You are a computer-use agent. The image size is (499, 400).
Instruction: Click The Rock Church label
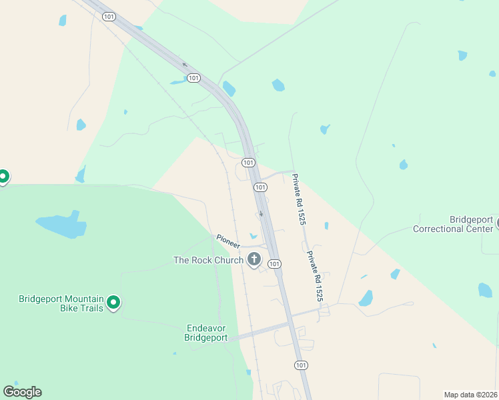(x=208, y=260)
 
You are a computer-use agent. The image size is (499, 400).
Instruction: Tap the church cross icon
(x=254, y=259)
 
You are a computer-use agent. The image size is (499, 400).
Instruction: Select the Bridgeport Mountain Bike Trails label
(x=61, y=303)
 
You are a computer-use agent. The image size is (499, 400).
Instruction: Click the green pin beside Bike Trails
(x=113, y=303)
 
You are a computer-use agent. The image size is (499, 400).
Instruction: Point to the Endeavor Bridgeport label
(x=206, y=333)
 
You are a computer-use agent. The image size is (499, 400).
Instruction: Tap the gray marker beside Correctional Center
(x=497, y=225)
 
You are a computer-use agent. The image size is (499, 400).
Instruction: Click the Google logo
(x=22, y=392)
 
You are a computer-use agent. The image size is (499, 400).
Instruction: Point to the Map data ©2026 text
(x=470, y=395)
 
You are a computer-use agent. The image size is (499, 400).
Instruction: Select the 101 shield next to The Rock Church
(x=274, y=265)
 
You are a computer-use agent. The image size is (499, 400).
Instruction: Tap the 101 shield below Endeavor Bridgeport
(x=302, y=365)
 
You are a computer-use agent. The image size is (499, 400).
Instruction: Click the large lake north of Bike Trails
(x=61, y=225)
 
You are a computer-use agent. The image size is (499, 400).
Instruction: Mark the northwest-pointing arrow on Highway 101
(x=185, y=65)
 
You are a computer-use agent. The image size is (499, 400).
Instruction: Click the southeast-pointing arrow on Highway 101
(x=261, y=214)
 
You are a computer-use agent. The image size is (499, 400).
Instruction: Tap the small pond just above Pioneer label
(x=253, y=235)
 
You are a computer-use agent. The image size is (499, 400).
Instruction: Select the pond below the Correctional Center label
(x=485, y=290)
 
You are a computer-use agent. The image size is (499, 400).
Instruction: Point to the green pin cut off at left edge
(x=3, y=177)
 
